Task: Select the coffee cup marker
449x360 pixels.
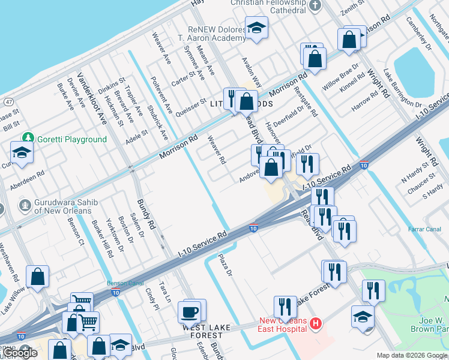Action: click(x=190, y=312)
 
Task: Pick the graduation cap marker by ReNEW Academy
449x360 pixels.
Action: click(x=256, y=28)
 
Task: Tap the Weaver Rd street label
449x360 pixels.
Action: click(x=216, y=150)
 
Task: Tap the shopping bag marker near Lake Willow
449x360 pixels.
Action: click(x=37, y=277)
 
